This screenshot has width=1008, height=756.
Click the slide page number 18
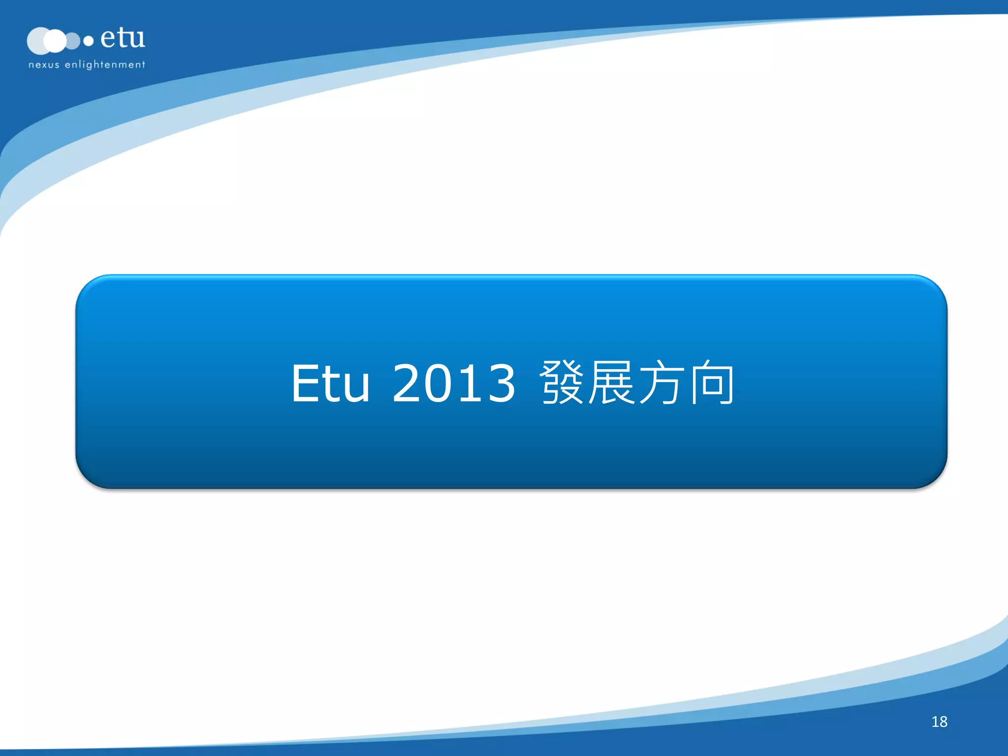pos(939,722)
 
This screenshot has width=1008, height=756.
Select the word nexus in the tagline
pos(44,65)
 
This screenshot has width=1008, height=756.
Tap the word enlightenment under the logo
pos(105,65)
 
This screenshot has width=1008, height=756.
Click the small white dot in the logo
pos(89,41)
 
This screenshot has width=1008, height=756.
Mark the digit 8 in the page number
pos(943,722)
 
